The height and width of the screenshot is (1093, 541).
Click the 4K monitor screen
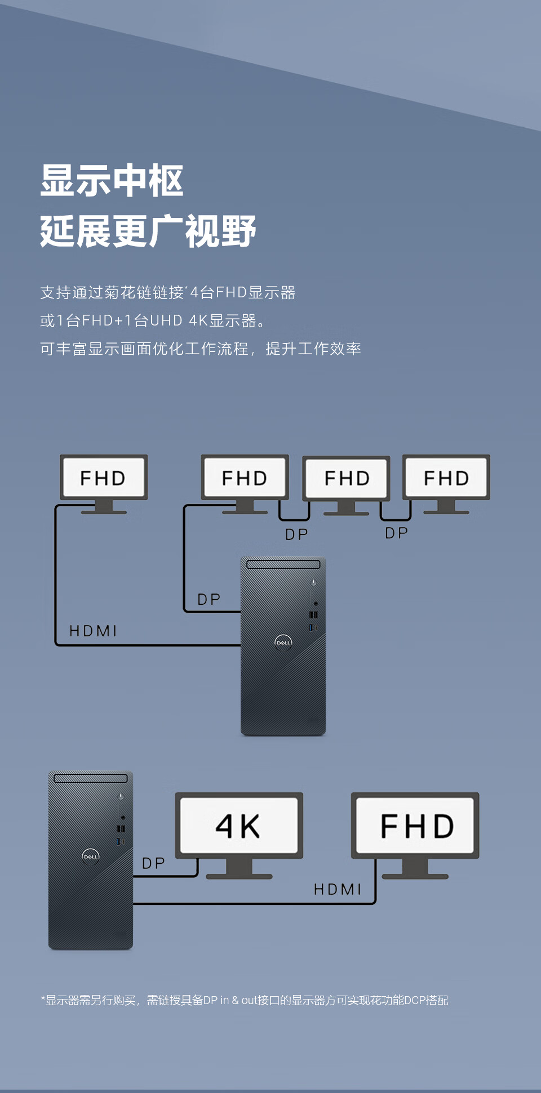point(238,826)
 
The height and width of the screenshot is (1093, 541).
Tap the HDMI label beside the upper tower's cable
point(93,631)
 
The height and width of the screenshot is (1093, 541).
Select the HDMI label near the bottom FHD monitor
point(337,889)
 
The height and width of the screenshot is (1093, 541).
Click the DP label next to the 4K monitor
point(153,863)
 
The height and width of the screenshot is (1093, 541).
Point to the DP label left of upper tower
point(209,600)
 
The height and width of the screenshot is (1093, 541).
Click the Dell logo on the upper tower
point(283,642)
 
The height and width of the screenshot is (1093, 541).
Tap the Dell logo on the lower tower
point(90,856)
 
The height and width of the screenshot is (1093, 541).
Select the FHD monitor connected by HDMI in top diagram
point(103,478)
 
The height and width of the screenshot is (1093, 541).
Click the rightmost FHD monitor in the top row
point(446,478)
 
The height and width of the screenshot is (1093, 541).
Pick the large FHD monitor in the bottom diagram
point(416,826)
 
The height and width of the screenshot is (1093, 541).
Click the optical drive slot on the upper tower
point(283,564)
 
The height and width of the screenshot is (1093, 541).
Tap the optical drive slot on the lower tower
point(90,778)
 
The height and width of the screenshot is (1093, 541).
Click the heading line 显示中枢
point(112,181)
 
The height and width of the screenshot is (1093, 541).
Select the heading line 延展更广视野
point(148,231)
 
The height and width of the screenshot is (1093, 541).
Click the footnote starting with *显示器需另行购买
point(244,1000)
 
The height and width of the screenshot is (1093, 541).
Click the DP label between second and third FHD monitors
point(296,534)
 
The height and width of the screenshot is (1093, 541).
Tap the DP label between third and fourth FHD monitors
point(396,533)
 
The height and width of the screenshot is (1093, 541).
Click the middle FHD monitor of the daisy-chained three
point(346,478)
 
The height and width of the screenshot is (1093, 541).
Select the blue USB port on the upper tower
point(310,627)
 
